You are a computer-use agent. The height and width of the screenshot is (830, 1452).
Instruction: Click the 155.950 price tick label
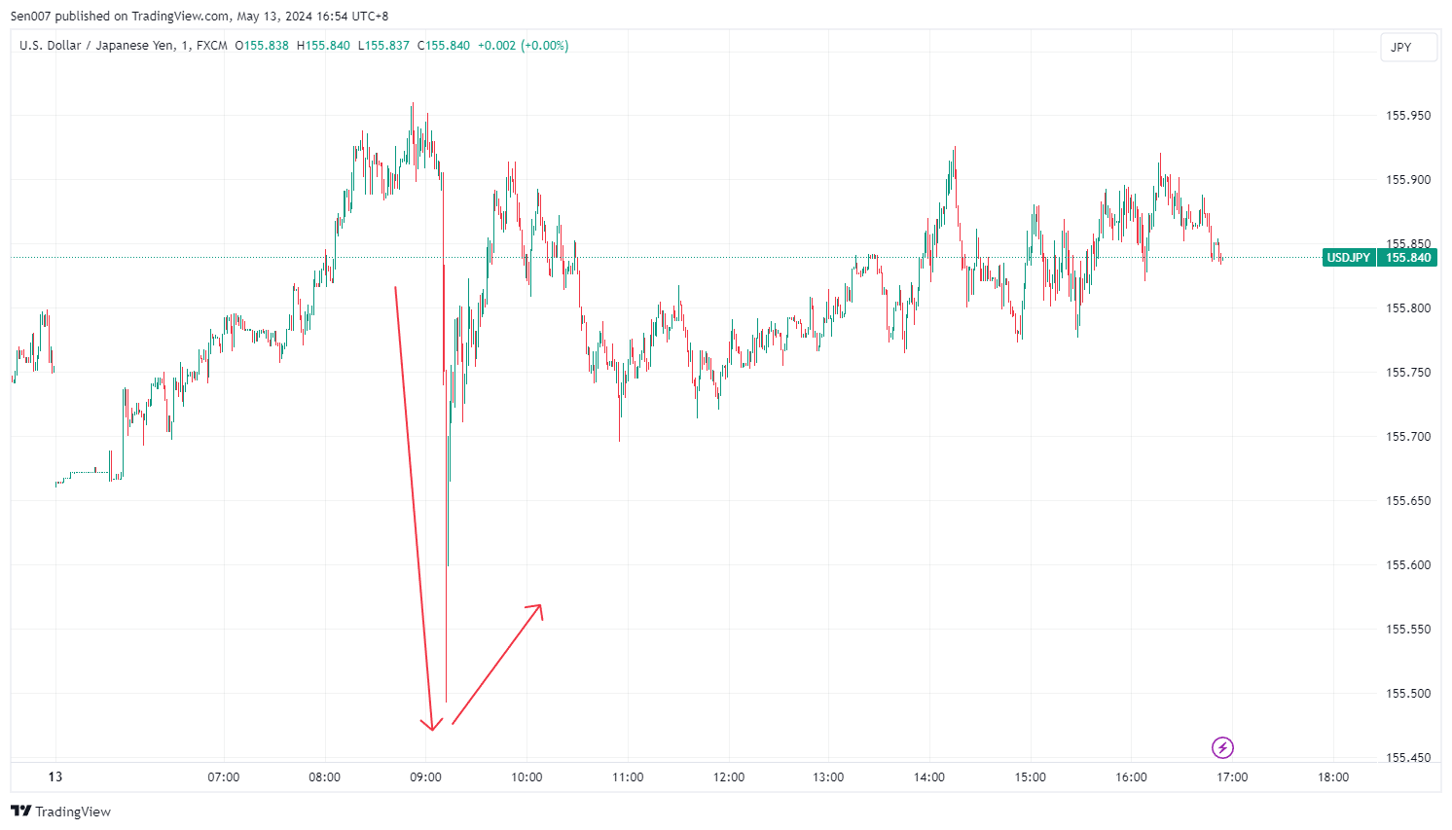point(1408,116)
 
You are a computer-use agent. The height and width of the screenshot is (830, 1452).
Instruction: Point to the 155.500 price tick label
point(1408,694)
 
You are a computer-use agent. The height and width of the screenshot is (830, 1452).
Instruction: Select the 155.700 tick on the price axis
point(1408,437)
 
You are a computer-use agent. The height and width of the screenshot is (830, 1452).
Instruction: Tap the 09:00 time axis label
point(425,777)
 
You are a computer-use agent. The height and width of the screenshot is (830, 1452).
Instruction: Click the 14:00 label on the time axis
point(929,777)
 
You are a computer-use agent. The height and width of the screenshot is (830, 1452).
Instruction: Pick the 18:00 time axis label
point(1333,777)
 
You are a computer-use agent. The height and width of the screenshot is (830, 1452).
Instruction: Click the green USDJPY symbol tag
point(1349,258)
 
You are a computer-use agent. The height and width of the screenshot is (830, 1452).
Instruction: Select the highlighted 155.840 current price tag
point(1408,258)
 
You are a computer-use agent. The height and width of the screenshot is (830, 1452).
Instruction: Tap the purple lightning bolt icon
point(1222,747)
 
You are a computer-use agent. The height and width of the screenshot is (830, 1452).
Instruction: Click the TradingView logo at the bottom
point(60,812)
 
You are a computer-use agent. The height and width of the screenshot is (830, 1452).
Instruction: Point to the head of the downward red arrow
point(432,728)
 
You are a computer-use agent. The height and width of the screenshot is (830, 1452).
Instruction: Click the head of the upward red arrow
point(538,607)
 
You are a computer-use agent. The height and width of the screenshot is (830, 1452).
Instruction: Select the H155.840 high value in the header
point(323,46)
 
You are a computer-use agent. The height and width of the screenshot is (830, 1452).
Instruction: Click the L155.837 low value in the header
point(383,46)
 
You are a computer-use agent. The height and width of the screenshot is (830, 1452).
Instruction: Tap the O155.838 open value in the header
point(262,46)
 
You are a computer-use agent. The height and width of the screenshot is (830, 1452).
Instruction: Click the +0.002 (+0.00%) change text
point(523,46)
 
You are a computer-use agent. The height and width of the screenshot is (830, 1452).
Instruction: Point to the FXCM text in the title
point(211,46)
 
